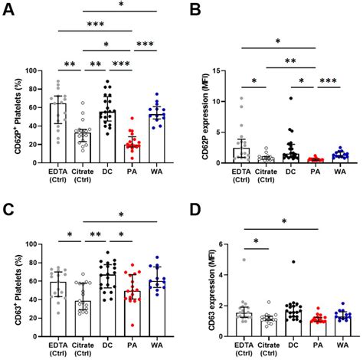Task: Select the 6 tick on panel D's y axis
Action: click(228, 244)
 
